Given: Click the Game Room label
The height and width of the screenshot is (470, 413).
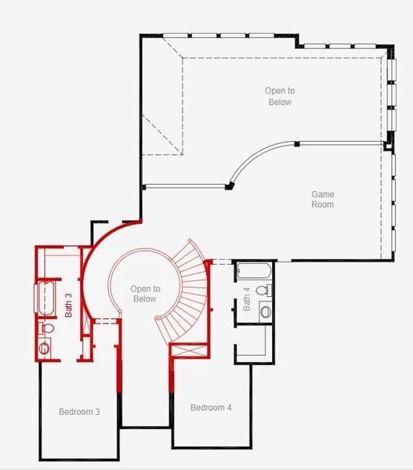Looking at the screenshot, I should click(322, 199).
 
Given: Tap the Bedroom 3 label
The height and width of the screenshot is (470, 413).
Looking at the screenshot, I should click(78, 411).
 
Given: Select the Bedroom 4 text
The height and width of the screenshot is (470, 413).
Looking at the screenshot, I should click(211, 407).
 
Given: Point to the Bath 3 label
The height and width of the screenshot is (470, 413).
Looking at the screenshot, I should click(68, 305).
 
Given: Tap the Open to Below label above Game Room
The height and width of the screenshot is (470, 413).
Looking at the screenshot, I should click(278, 96).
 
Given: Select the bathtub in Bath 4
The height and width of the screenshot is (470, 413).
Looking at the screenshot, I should click(254, 272).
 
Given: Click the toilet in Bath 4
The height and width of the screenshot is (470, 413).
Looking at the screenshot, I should click(264, 290).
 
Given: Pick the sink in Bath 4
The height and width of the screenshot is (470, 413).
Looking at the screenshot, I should click(265, 312).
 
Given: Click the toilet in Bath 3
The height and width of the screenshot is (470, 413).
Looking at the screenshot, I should click(45, 327).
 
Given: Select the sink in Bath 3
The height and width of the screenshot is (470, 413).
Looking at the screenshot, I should click(45, 347).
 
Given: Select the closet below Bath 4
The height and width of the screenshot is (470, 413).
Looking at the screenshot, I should click(253, 343).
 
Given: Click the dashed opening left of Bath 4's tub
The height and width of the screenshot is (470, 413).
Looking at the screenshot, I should click(223, 261).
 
